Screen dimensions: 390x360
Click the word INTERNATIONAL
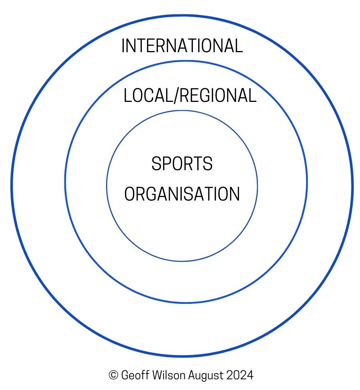(182, 46)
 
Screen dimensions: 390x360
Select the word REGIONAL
(217, 96)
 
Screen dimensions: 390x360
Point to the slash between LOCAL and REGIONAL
(175, 96)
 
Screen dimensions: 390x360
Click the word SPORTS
(182, 164)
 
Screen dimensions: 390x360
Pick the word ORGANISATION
(182, 194)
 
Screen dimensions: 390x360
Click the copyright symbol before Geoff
(113, 375)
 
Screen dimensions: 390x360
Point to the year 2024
(240, 375)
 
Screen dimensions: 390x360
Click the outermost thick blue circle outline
(11, 186)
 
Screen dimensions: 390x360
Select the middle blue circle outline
(65, 182)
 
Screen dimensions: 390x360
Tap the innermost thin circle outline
(107, 186)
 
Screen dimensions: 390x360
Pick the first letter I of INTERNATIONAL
(123, 46)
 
